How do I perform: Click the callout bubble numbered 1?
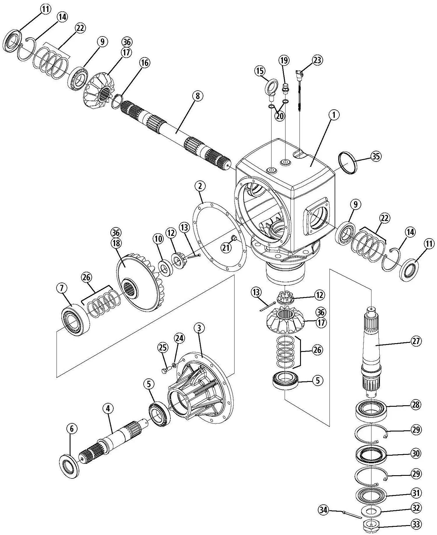334,115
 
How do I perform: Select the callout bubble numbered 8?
198,96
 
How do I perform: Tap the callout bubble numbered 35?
376,156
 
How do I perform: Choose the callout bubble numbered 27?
416,341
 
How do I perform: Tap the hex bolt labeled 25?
165,370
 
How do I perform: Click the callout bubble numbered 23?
317,60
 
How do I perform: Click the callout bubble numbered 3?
199,328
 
